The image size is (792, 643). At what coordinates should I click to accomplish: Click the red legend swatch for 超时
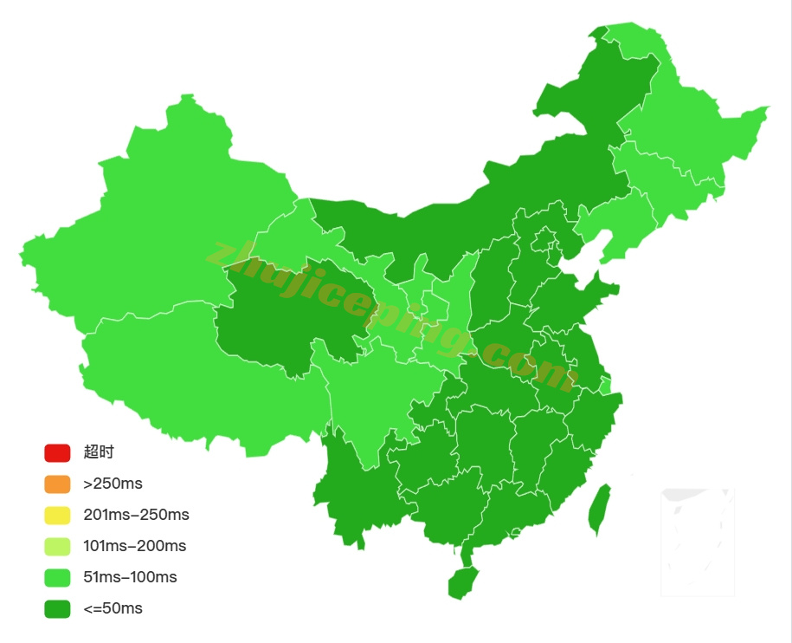pos(57,452)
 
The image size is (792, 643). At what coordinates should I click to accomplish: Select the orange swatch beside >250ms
pos(57,484)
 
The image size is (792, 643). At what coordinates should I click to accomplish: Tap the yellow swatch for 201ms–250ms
pos(57,515)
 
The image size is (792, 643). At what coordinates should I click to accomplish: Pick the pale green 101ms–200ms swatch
pos(57,546)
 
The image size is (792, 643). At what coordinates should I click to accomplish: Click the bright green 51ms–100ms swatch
pos(57,577)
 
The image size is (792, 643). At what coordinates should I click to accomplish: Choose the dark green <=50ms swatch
pos(57,608)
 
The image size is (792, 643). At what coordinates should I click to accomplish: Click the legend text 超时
pos(99,452)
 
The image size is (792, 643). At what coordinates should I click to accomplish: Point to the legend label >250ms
pos(113,484)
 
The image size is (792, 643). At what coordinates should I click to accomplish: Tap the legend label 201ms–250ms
pos(136,515)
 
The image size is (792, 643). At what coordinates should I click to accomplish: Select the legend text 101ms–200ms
pos(134,546)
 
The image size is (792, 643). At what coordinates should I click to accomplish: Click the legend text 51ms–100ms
pos(130,577)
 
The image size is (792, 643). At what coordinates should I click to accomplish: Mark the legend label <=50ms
pos(113,608)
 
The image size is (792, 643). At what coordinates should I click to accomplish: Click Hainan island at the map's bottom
pos(463,583)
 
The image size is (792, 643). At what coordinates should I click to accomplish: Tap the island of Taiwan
pos(599,510)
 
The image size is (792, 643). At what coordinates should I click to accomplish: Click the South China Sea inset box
pos(698,542)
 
